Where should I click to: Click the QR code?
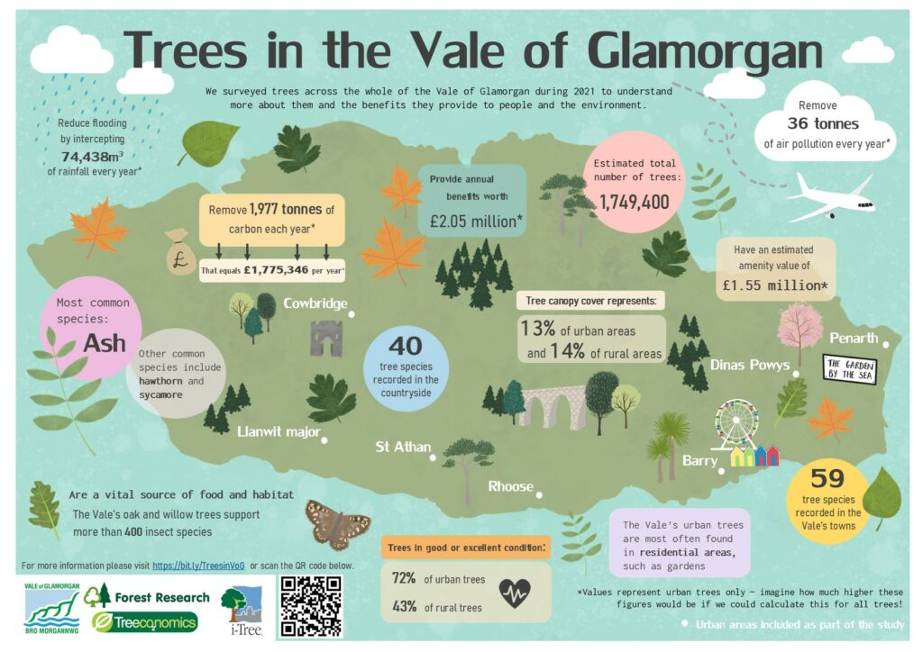click(313, 607)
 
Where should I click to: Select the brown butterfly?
click(337, 524)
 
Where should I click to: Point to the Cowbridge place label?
click(315, 303)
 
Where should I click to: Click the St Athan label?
click(403, 447)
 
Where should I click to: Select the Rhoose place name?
click(511, 486)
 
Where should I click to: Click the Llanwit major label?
click(279, 431)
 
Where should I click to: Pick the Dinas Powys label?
click(749, 365)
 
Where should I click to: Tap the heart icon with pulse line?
click(515, 593)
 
